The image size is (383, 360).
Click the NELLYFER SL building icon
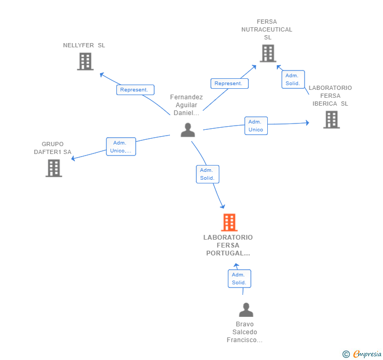[85, 61]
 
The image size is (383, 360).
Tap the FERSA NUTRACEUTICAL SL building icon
[268, 53]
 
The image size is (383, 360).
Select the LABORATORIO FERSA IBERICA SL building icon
[331, 119]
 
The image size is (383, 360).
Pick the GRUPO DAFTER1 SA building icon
[54, 168]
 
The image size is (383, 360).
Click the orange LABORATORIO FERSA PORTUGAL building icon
[229, 222]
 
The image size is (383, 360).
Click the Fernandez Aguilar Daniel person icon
[188, 130]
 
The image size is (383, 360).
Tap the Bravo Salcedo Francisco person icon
[246, 310]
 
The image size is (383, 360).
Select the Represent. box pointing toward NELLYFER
[135, 90]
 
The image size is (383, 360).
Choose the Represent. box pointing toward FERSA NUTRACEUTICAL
[229, 83]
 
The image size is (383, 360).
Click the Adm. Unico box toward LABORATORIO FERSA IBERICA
[256, 126]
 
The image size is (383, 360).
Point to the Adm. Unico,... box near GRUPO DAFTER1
[121, 147]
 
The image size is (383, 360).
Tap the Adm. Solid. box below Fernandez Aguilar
[207, 174]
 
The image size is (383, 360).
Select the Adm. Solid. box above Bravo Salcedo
[239, 279]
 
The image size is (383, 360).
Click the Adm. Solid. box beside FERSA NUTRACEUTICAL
[293, 79]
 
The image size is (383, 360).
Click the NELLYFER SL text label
[84, 45]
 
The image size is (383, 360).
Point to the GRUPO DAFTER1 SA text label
[53, 148]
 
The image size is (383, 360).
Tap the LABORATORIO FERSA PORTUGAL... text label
[228, 245]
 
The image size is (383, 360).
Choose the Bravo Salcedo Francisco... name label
[245, 332]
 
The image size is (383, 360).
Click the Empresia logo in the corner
[362, 354]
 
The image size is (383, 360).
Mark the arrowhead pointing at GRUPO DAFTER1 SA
[74, 159]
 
